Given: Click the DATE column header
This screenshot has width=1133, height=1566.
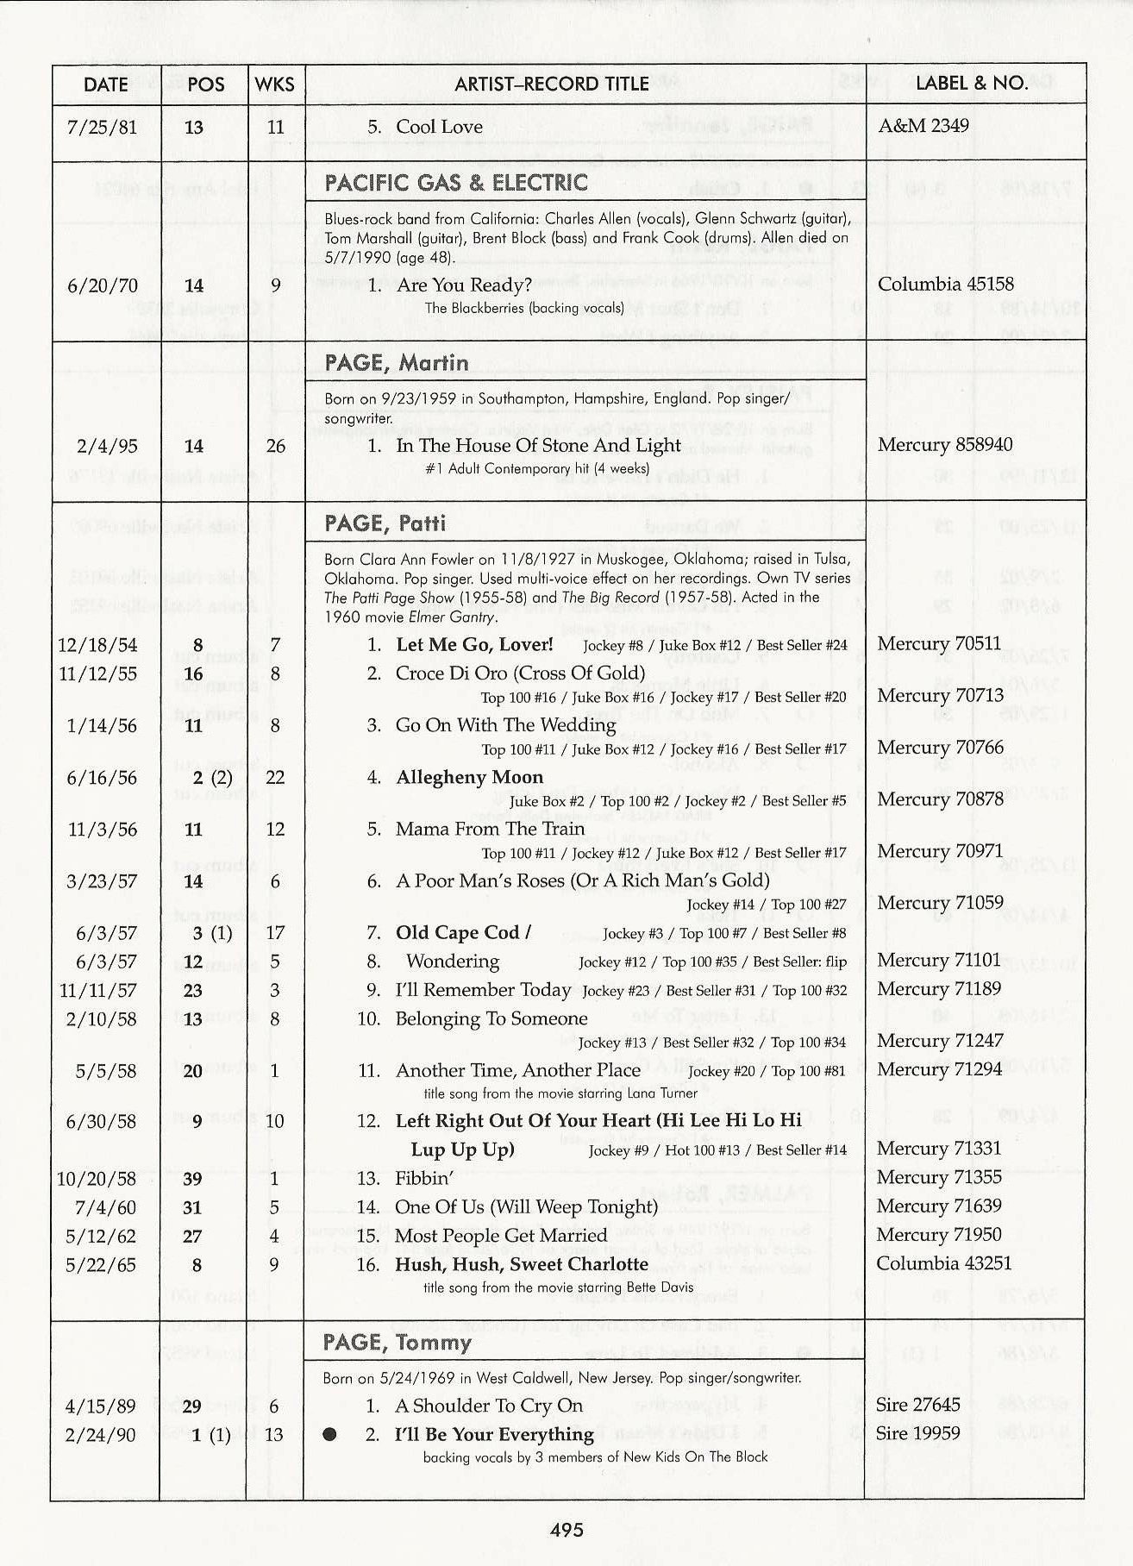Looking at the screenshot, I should (x=106, y=85).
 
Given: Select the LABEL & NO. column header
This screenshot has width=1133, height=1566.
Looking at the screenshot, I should (x=971, y=84).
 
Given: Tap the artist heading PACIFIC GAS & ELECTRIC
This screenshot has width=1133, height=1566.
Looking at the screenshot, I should (x=456, y=183).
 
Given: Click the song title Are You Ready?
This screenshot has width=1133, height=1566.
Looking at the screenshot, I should (x=464, y=285).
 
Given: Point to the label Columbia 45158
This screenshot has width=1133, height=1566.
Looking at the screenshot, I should (x=945, y=284).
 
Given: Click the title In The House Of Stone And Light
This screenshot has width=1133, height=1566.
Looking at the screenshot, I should (x=538, y=446).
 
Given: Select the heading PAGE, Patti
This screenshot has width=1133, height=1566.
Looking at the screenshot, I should (x=385, y=524).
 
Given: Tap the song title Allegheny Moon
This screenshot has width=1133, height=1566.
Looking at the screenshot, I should (x=469, y=778).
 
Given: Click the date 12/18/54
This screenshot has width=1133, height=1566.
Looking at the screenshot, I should (x=97, y=645).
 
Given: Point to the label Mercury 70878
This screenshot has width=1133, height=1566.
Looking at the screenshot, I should (x=940, y=799).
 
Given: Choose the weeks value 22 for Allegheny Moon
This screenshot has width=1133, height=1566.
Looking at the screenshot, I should (x=275, y=778).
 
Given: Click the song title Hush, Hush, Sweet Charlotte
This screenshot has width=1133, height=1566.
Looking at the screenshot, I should (x=522, y=1264).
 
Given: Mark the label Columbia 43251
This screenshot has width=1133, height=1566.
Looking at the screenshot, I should (x=944, y=1263).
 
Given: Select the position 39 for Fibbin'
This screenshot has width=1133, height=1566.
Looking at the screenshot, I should (x=192, y=1178).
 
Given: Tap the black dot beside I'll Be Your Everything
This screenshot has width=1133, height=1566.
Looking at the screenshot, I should (x=329, y=1436).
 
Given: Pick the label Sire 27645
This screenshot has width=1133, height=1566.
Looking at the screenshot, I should (x=918, y=1405).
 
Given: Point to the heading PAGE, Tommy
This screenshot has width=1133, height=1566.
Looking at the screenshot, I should (x=397, y=1343).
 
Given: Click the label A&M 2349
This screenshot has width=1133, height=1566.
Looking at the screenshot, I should (x=923, y=126).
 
